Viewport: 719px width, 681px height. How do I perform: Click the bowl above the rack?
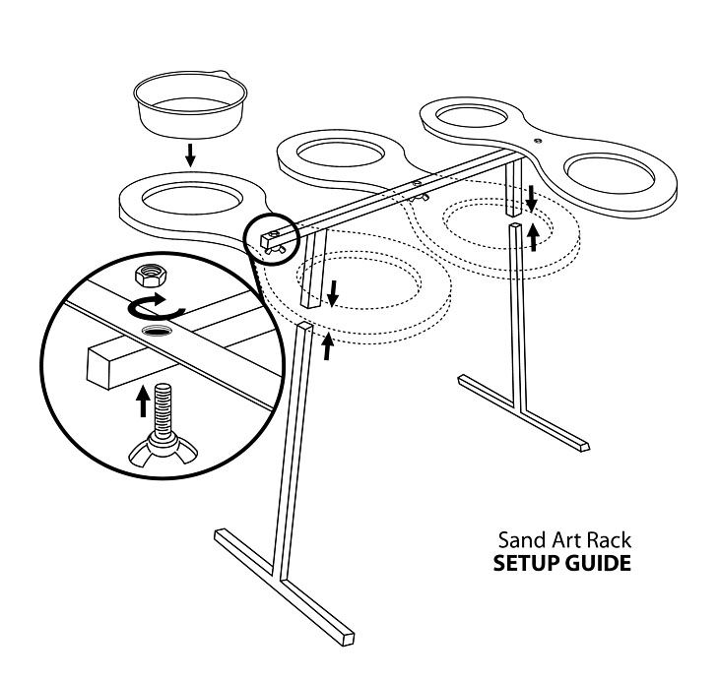[190, 104]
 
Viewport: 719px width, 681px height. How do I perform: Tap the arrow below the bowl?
[190, 155]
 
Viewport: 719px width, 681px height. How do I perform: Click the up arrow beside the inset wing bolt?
[144, 402]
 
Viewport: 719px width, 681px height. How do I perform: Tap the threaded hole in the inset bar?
[157, 330]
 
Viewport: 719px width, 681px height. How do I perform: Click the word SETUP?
[526, 563]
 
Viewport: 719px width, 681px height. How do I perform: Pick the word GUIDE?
[598, 563]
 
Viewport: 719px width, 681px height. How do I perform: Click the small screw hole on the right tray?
[538, 141]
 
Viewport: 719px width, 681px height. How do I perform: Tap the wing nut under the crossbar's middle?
[420, 198]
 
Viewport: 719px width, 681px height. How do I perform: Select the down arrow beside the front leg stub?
[333, 293]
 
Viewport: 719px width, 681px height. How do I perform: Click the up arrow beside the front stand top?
[327, 347]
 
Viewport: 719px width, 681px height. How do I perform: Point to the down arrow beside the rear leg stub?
[532, 198]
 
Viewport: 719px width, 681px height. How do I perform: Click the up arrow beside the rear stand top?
[533, 237]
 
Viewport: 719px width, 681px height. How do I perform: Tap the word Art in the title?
[563, 540]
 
